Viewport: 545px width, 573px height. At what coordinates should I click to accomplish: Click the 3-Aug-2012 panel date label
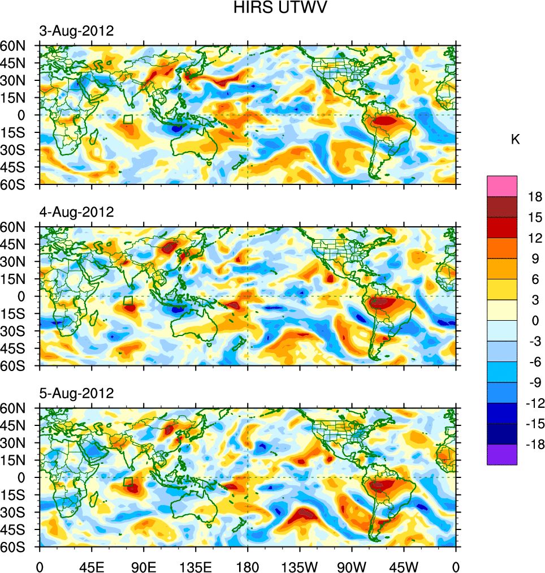pos(76,31)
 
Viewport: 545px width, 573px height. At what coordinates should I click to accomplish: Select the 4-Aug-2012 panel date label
pos(76,212)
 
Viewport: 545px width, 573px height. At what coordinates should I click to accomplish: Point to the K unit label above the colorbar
pos(515,140)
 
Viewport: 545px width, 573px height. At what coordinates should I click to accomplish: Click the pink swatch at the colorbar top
pos(502,186)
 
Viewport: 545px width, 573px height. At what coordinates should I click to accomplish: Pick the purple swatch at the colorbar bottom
pos(502,454)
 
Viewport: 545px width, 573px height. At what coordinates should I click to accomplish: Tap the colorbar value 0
pos(535,321)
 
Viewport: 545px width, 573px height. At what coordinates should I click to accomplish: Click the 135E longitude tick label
pos(196,566)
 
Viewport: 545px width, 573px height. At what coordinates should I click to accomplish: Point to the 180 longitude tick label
pos(248,566)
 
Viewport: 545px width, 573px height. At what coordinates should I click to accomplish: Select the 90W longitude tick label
pos(352,566)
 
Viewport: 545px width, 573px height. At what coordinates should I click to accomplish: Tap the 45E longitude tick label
pos(92,566)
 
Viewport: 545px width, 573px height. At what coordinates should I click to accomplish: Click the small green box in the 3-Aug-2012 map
pos(128,119)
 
